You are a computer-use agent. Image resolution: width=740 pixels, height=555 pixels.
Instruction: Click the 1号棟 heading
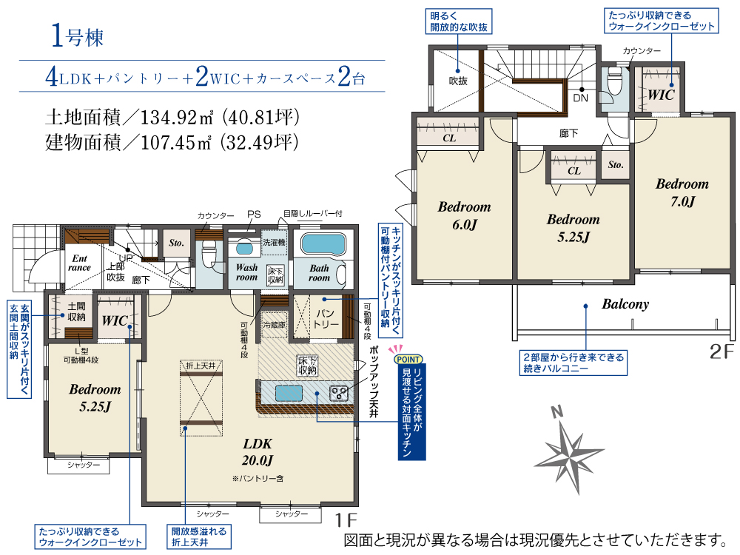(77, 36)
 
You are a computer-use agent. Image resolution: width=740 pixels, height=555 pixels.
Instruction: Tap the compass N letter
(557, 412)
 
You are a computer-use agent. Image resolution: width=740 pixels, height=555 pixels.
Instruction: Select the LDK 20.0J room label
(258, 451)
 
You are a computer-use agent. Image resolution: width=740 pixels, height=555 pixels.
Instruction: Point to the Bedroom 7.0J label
(682, 192)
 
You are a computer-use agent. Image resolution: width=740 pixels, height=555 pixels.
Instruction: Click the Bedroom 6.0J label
(465, 215)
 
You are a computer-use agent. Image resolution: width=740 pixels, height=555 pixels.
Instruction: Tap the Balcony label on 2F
(625, 304)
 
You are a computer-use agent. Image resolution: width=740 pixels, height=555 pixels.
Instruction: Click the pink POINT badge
(408, 359)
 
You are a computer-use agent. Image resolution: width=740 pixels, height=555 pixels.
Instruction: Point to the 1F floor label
(346, 520)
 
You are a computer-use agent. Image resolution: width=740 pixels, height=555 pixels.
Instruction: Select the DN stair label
(580, 98)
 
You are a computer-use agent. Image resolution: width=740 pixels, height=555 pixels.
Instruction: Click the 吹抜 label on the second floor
(458, 81)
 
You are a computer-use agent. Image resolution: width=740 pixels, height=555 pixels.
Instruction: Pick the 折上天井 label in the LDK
(201, 366)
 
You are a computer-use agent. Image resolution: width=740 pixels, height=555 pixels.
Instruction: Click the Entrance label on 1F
(79, 263)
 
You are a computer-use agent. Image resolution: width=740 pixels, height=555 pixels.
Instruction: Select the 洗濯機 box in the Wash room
(275, 242)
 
